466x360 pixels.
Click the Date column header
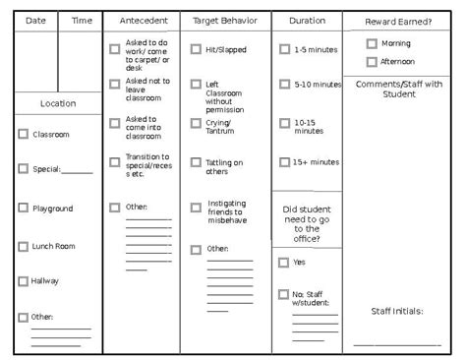(35, 20)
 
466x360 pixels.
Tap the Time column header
(82, 20)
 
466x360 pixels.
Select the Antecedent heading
(143, 20)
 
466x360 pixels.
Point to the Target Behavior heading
(225, 20)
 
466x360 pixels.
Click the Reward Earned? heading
(398, 21)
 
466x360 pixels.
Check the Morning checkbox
(371, 43)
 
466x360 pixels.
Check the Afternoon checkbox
(371, 61)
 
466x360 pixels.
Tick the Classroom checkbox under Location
(23, 134)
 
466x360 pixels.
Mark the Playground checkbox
(23, 208)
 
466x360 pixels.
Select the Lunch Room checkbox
(23, 245)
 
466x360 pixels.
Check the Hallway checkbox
(23, 280)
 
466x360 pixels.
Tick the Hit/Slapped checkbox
(196, 48)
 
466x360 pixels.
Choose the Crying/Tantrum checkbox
(196, 123)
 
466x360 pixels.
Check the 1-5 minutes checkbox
(284, 48)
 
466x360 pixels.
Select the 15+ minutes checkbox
(284, 161)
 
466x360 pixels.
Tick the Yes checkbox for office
(283, 263)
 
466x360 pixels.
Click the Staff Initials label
(397, 311)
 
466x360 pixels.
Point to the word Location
(58, 103)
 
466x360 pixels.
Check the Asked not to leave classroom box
(115, 84)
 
